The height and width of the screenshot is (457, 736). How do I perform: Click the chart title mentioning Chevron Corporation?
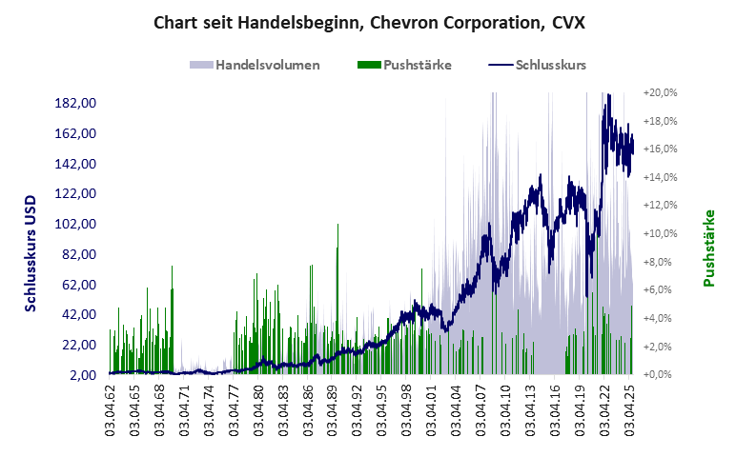click(369, 21)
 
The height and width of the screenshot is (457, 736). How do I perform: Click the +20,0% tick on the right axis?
click(660, 93)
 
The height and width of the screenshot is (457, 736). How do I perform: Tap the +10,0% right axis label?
click(660, 233)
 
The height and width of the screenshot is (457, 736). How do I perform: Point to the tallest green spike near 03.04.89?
click(337, 228)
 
